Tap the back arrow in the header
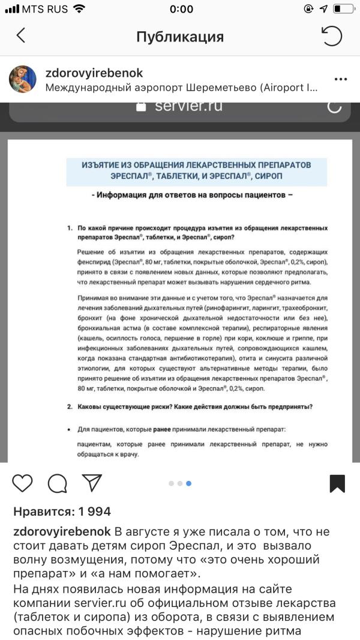pos(21,36)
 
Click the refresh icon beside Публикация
pos(332,36)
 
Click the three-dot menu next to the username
pos(341,79)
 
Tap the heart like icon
pos(22,483)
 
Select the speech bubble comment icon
pos(57,483)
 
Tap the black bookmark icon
pos(337,483)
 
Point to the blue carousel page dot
pos(188,483)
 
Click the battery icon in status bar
pos(343,9)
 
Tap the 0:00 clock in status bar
pos(181,9)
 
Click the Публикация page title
pos(180,37)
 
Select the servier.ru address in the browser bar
pos(188,106)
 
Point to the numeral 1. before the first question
pos(70,229)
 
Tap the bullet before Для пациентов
pos(70,430)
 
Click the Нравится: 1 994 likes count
pos(62,512)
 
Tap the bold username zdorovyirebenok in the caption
pos(62,532)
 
